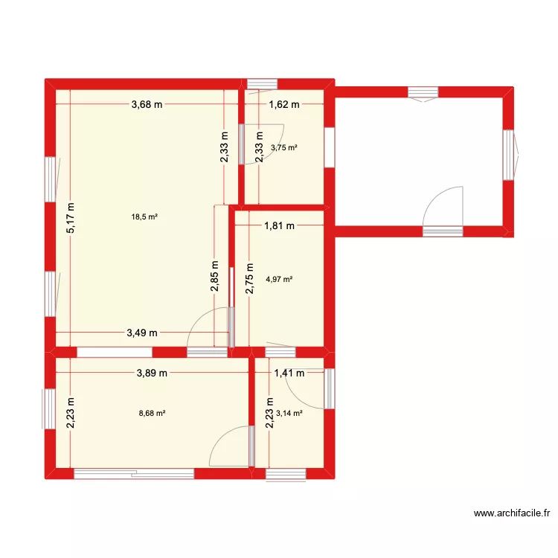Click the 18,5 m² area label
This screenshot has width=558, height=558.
click(145, 217)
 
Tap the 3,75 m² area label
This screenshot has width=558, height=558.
click(284, 147)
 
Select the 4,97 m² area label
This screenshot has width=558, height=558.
click(279, 280)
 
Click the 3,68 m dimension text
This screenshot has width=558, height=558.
click(147, 105)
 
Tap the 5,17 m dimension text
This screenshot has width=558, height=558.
click(71, 219)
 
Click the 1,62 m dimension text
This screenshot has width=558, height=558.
click(283, 105)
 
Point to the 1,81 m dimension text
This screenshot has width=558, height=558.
click(280, 225)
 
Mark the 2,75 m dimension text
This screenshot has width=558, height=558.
click(250, 278)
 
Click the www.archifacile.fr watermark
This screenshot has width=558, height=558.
click(514, 513)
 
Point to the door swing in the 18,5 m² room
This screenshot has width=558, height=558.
click(208, 327)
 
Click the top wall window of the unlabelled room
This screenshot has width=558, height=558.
click(423, 92)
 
